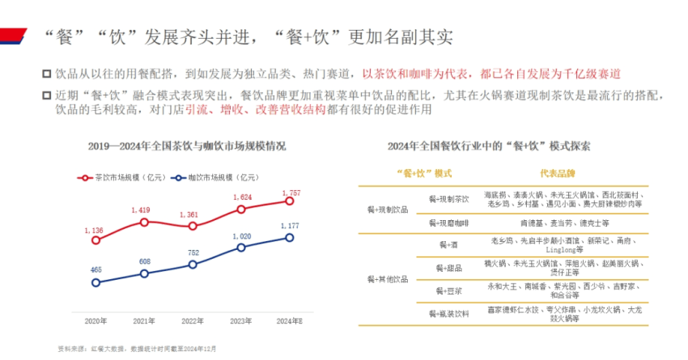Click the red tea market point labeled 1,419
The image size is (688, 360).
point(144,222)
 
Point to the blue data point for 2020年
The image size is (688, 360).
point(96,282)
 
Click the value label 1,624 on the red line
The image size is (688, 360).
point(241,197)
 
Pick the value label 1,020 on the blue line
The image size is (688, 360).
point(241,236)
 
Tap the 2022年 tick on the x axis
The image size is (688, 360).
point(193,321)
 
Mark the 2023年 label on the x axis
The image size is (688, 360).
point(241,321)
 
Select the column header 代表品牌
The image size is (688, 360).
point(557,174)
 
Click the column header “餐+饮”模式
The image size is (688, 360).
point(419,174)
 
